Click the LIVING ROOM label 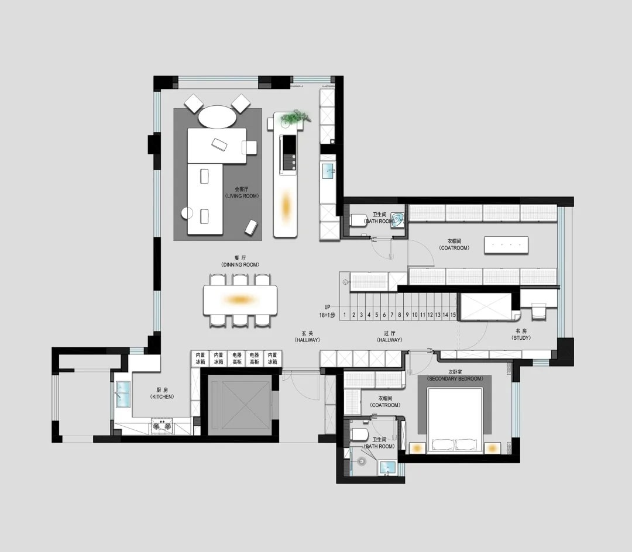pyautogui.click(x=246, y=192)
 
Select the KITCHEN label pyautogui.click(x=162, y=393)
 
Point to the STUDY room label pyautogui.click(x=521, y=334)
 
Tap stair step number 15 pyautogui.click(x=453, y=315)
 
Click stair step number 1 pyautogui.click(x=345, y=315)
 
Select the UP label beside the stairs pyautogui.click(x=328, y=306)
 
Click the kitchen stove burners pyautogui.click(x=162, y=426)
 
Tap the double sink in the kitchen pyautogui.click(x=123, y=394)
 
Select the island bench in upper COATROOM pyautogui.click(x=506, y=245)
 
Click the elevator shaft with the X pyautogui.click(x=238, y=405)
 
